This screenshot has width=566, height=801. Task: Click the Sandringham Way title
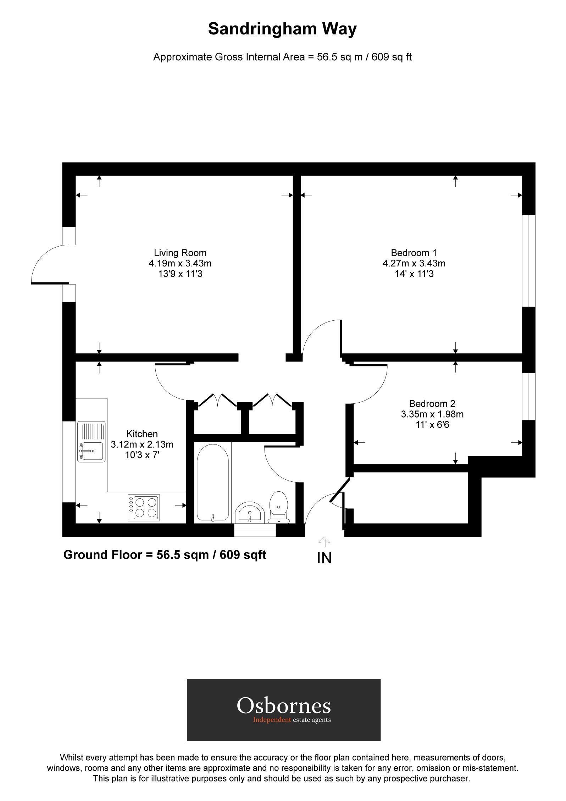click(x=282, y=29)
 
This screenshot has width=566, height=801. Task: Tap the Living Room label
click(x=180, y=253)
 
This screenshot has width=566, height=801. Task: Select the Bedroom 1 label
click(x=414, y=253)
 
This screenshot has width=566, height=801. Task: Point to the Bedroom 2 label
click(x=432, y=404)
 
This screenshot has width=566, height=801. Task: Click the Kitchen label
click(x=142, y=434)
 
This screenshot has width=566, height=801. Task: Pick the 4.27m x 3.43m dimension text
click(x=414, y=264)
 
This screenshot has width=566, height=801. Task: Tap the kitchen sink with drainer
click(x=91, y=442)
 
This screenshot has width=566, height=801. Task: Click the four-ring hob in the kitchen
click(x=144, y=508)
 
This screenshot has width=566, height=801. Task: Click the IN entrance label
click(x=324, y=558)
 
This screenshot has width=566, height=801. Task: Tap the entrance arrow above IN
click(x=324, y=542)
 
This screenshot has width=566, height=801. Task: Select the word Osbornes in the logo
click(x=284, y=706)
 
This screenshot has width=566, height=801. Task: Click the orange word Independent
click(x=272, y=720)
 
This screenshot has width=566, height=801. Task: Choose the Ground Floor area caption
click(x=165, y=554)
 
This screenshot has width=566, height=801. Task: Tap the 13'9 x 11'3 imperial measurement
click(x=180, y=274)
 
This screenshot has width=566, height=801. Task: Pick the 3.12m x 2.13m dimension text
click(x=142, y=444)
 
